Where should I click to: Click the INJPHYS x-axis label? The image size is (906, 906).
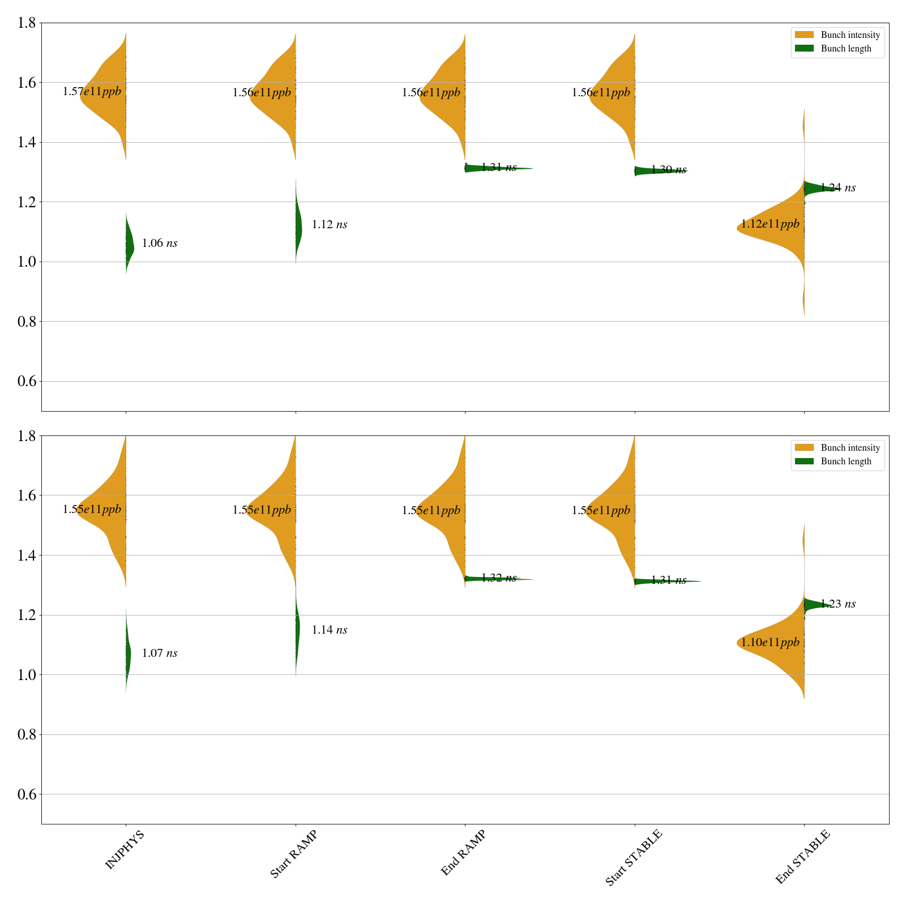(125, 849)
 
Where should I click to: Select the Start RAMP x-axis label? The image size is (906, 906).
(293, 854)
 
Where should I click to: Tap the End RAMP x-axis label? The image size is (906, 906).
(463, 853)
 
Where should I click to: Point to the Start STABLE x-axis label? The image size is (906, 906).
(633, 857)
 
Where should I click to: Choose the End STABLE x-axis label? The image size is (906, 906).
(802, 856)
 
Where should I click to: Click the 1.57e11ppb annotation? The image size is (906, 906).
(92, 91)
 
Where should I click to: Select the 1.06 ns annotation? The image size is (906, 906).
(160, 243)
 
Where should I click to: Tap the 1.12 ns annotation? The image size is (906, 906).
(330, 224)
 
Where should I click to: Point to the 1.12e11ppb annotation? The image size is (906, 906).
(770, 224)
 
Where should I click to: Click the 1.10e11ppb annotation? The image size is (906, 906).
(770, 642)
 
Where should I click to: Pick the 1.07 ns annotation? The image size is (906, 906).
(160, 653)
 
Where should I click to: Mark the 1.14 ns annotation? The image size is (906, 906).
(330, 630)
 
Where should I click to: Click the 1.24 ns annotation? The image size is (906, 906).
(838, 187)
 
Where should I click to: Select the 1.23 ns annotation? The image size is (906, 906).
(838, 604)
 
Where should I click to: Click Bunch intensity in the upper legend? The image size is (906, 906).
(850, 35)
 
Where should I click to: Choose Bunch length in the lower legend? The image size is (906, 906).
(846, 461)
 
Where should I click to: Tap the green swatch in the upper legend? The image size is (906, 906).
(804, 49)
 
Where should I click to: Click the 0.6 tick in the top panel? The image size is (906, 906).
(27, 381)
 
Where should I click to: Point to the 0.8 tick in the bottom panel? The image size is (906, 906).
(27, 734)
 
